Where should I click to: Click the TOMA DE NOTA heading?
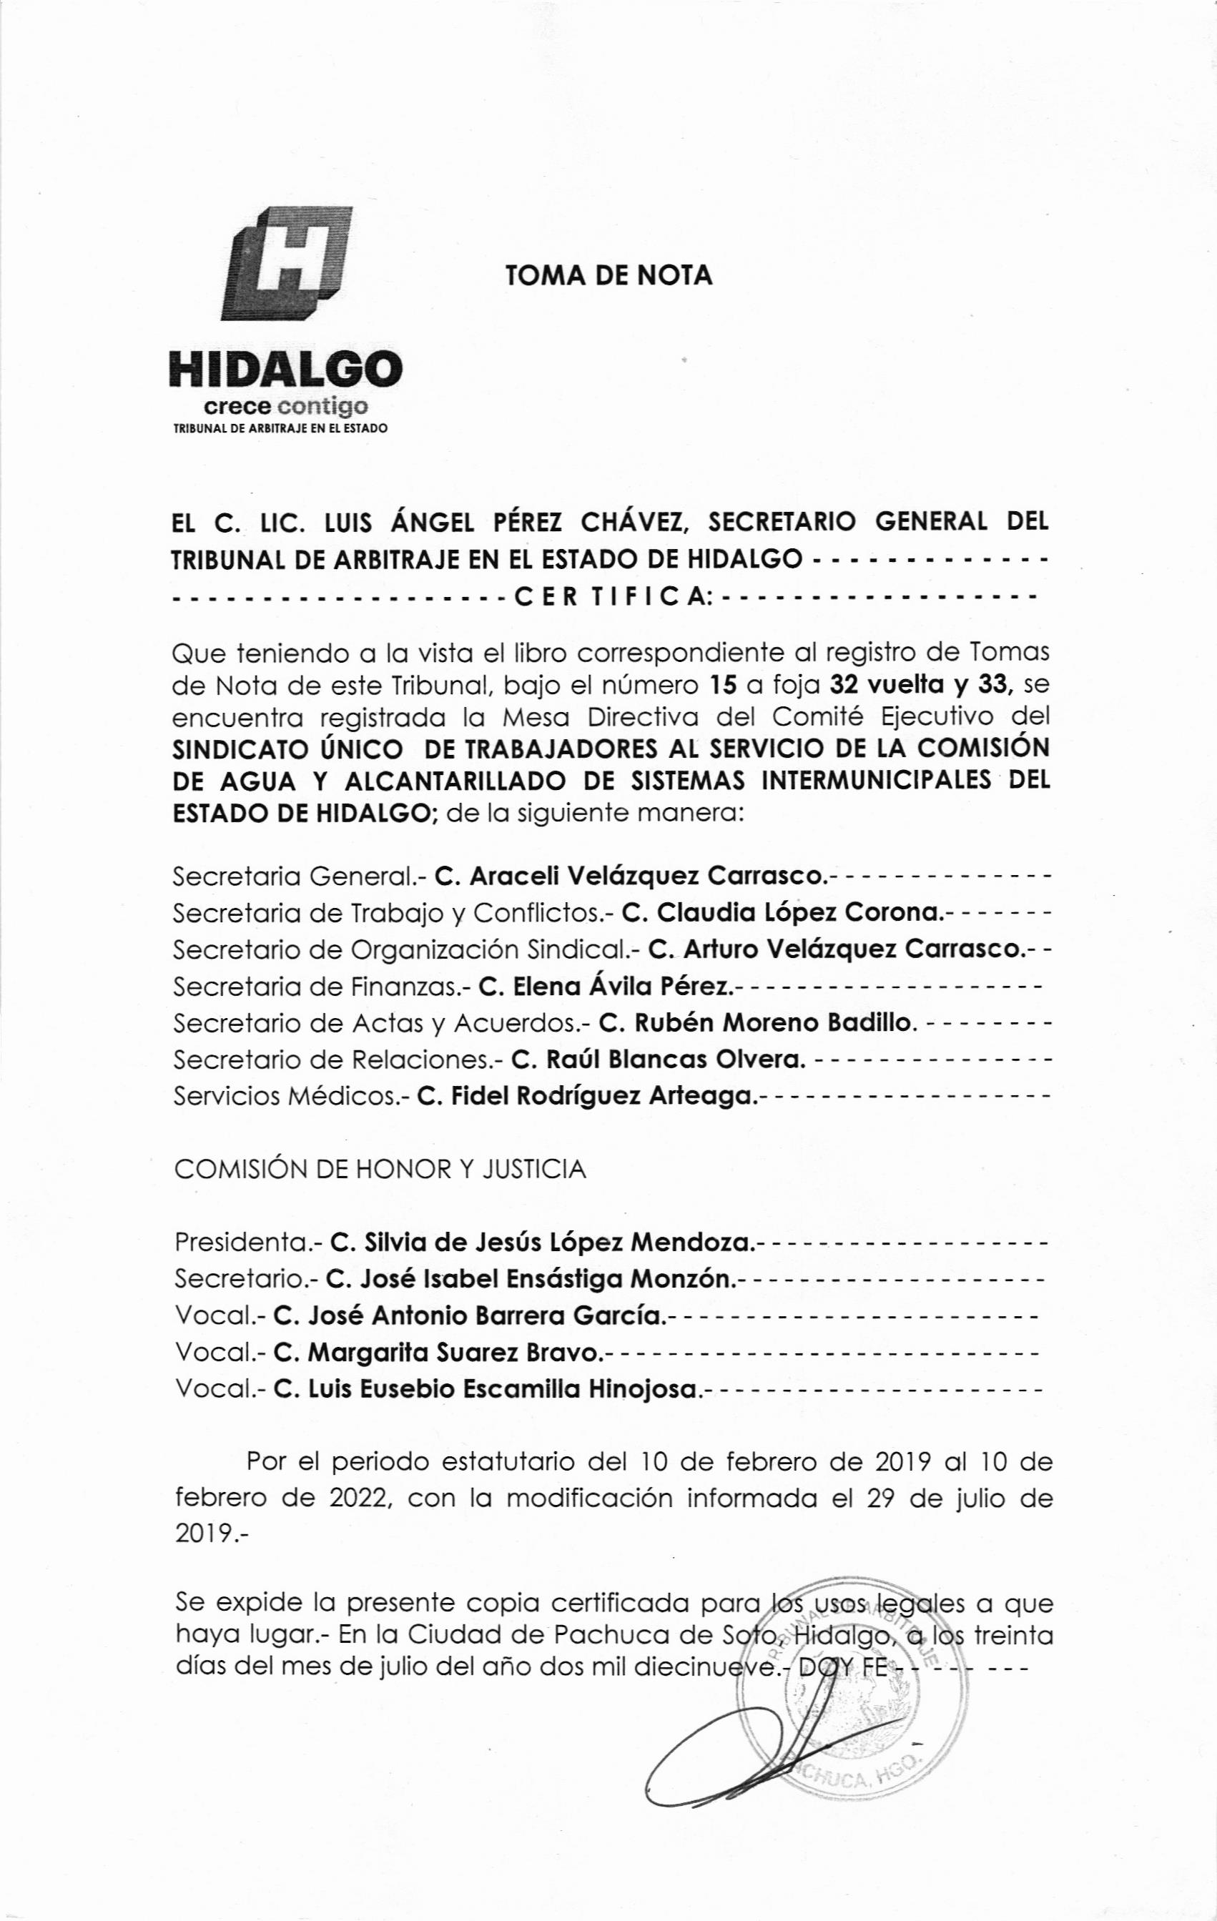click(x=608, y=275)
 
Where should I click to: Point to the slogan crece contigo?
click(x=286, y=408)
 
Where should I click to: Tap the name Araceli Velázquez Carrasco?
click(x=644, y=876)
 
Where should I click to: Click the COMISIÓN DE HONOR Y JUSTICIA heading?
click(x=380, y=1170)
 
